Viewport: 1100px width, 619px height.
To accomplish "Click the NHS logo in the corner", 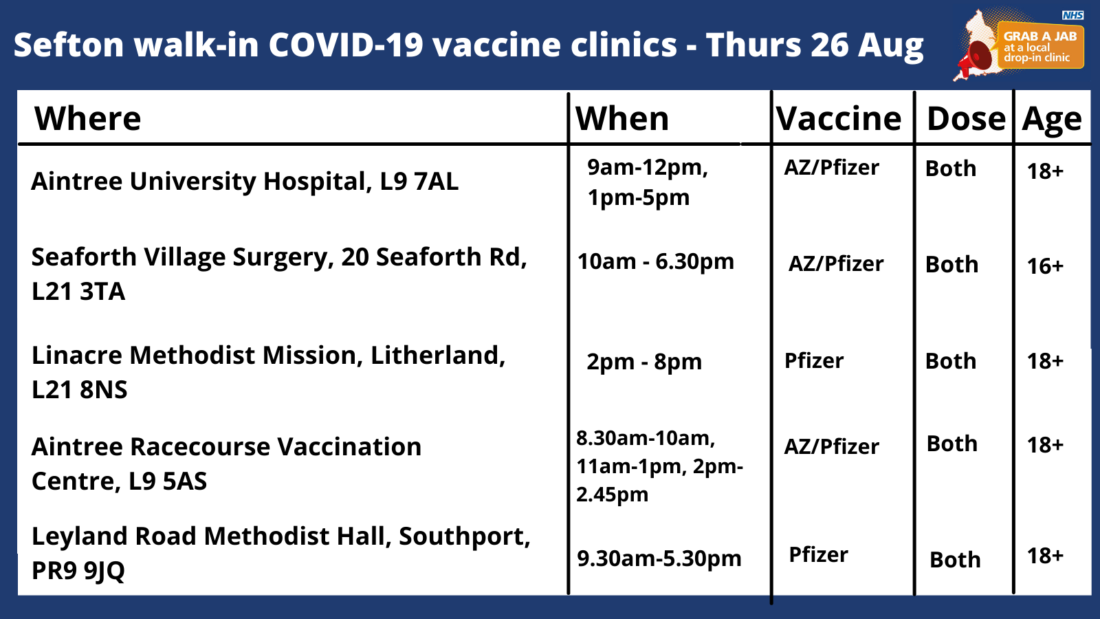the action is (1073, 15).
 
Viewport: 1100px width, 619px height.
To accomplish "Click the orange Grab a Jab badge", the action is (1041, 45).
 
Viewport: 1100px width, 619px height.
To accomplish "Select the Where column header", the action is (87, 119).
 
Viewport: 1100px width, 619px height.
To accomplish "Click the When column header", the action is (622, 119).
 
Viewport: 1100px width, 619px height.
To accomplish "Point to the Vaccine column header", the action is (839, 119).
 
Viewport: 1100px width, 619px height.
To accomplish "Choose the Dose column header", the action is (967, 119).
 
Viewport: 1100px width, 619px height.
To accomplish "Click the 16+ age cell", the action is (1045, 265).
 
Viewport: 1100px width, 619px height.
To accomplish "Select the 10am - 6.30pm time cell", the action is (656, 262).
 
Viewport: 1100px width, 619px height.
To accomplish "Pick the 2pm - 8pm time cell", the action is (643, 362).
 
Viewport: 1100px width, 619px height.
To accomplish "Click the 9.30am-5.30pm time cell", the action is (659, 559).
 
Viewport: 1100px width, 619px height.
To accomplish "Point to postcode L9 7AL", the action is (419, 182).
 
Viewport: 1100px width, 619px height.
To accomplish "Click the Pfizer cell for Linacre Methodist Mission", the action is (814, 360).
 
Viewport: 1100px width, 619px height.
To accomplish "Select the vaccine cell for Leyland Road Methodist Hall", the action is (818, 554).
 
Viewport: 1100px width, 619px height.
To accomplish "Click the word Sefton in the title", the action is (69, 45).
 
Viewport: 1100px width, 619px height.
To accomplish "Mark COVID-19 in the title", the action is (346, 45).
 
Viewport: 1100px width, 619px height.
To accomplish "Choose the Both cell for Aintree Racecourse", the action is (951, 444).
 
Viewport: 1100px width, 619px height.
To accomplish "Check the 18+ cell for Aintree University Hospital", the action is (1045, 171).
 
